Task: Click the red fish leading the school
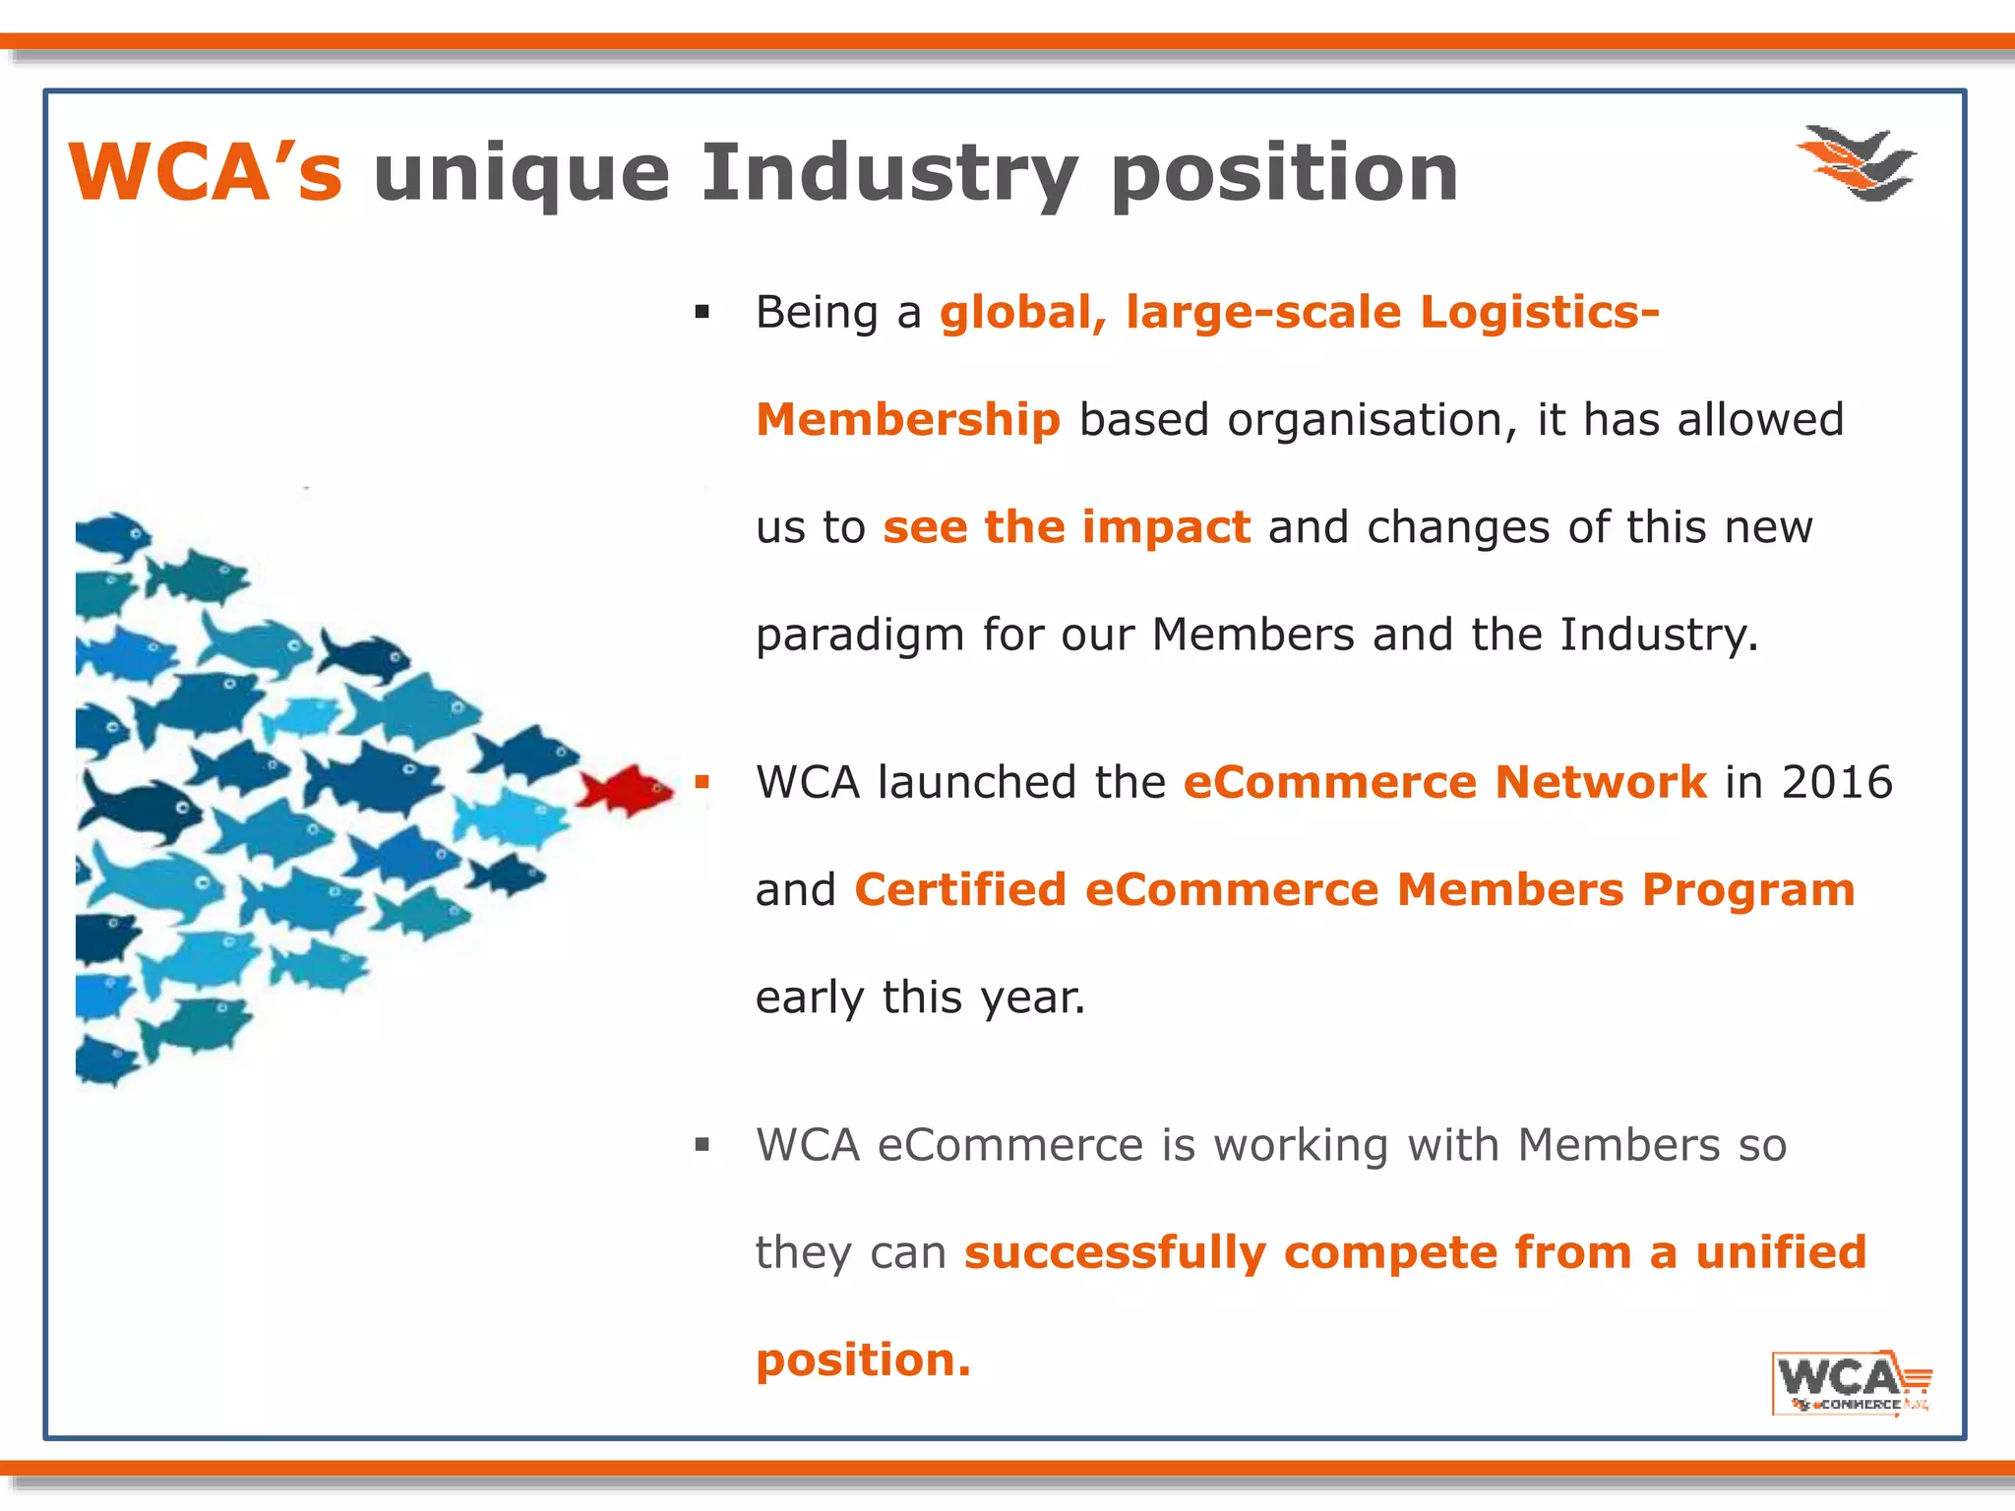[626, 789]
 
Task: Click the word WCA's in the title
[206, 173]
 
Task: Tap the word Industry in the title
[889, 173]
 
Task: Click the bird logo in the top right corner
[1857, 163]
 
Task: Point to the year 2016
[1837, 783]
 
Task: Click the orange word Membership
[907, 420]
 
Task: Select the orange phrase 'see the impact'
[1067, 527]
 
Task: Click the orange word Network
[1601, 783]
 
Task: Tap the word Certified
[960, 890]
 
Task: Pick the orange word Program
[1748, 890]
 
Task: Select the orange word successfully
[1115, 1253]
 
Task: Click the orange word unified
[1781, 1253]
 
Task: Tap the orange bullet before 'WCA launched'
[702, 783]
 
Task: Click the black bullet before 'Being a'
[702, 313]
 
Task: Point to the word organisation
[1365, 421]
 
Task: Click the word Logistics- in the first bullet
[1539, 313]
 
